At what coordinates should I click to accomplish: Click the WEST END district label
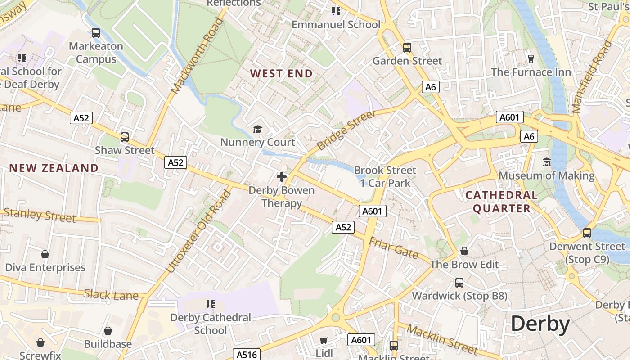281,74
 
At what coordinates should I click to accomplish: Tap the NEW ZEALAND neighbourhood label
54,168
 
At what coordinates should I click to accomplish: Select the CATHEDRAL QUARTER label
501,202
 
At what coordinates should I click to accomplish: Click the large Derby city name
540,324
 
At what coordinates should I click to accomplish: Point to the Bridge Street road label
346,130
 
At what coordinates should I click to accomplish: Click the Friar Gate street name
394,248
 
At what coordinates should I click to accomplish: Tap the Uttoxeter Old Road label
198,232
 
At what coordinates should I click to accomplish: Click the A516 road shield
247,355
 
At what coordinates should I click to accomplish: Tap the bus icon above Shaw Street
125,137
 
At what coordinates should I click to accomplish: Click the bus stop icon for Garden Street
407,48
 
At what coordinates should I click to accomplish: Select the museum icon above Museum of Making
547,162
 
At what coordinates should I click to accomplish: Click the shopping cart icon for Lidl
324,340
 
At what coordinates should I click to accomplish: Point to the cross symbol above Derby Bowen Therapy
282,177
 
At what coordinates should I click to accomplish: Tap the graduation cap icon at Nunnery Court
257,130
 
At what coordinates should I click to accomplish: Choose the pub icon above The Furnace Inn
531,58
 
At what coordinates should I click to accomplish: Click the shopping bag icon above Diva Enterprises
45,254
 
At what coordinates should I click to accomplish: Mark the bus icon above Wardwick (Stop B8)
459,283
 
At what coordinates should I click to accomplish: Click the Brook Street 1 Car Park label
385,176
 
